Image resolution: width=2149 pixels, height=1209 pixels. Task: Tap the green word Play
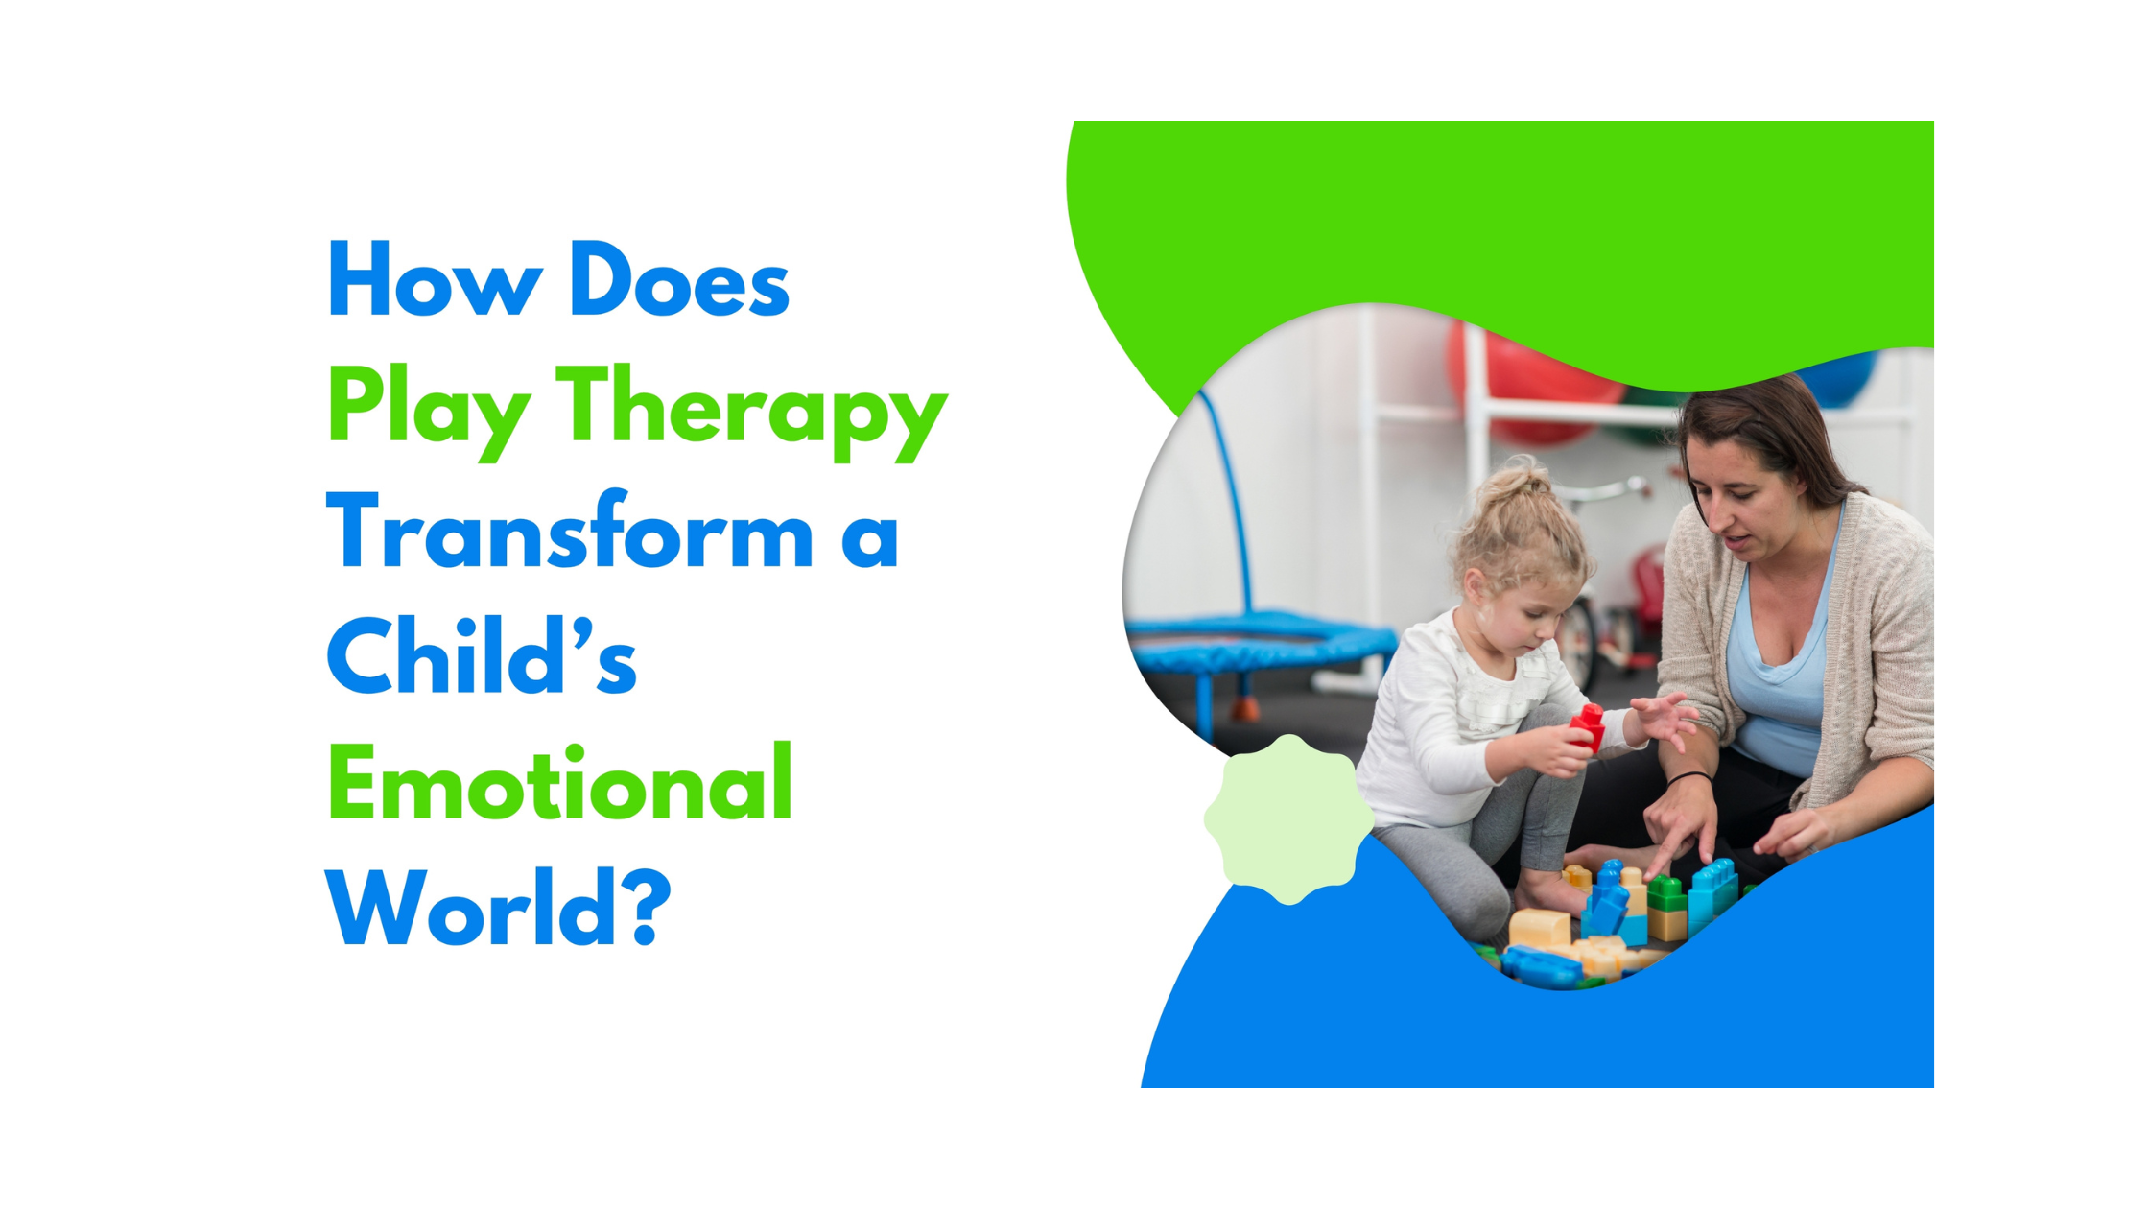click(428, 408)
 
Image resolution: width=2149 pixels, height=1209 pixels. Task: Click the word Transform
click(570, 533)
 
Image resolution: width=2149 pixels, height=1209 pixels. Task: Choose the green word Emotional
click(560, 784)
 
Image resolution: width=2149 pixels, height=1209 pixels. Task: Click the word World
click(470, 909)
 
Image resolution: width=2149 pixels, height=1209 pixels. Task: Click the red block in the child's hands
click(1587, 726)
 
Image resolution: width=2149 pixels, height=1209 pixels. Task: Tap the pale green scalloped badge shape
click(1288, 818)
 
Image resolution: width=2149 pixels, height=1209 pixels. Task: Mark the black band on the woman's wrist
click(1689, 777)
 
